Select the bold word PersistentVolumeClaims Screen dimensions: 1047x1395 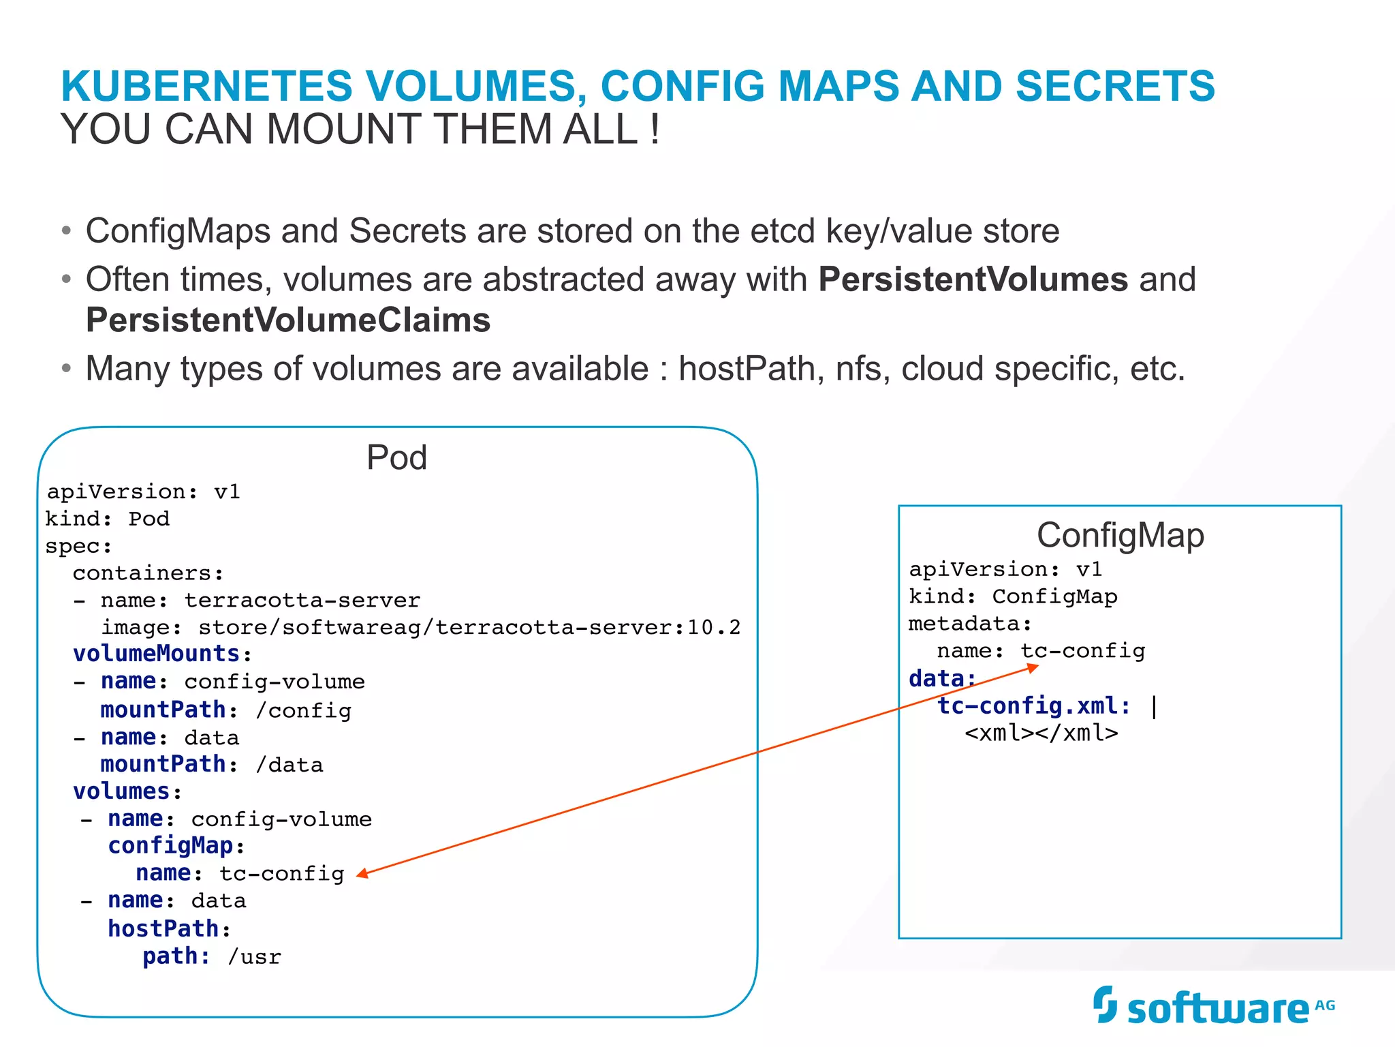click(288, 320)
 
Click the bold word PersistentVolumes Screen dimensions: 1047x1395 click(973, 279)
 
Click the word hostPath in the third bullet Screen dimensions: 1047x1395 click(747, 369)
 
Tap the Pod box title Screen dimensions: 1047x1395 click(396, 457)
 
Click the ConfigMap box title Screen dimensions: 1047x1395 click(1120, 535)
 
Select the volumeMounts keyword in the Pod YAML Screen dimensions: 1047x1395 click(157, 654)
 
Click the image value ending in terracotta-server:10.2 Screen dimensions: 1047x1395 click(469, 627)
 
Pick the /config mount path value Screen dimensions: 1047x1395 click(303, 710)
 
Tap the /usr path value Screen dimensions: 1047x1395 click(254, 957)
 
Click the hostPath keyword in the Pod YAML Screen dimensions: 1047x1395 click(163, 928)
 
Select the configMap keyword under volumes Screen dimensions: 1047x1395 click(170, 846)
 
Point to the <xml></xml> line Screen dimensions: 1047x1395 click(1041, 733)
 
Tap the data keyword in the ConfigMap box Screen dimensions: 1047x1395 click(937, 679)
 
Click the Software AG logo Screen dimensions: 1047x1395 click(1213, 1006)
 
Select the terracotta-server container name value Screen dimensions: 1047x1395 click(302, 601)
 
